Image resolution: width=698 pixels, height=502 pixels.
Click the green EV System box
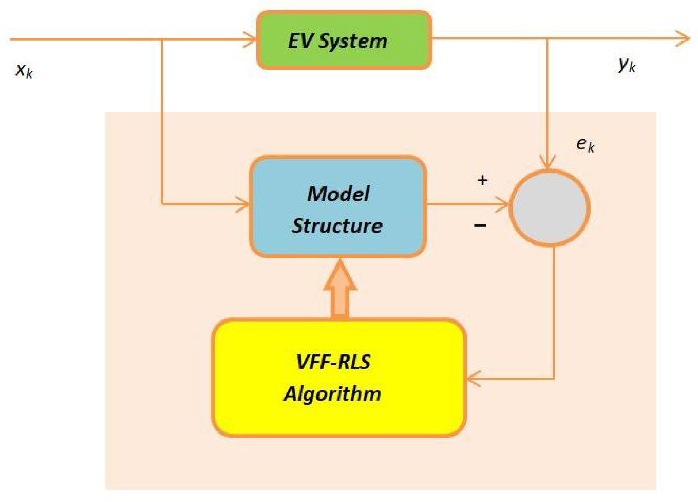344,40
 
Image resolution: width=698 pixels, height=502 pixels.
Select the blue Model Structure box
338,207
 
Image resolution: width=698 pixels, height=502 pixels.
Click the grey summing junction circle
549,208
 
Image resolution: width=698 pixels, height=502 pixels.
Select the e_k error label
585,144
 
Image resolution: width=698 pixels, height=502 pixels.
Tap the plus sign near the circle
482,180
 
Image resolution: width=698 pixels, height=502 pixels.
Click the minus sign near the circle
480,225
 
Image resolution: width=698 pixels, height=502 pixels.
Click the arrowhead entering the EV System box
249,40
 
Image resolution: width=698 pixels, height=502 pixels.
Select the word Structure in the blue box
337,226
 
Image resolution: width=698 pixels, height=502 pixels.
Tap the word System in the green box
352,41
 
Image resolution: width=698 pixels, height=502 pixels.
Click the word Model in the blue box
338,194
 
